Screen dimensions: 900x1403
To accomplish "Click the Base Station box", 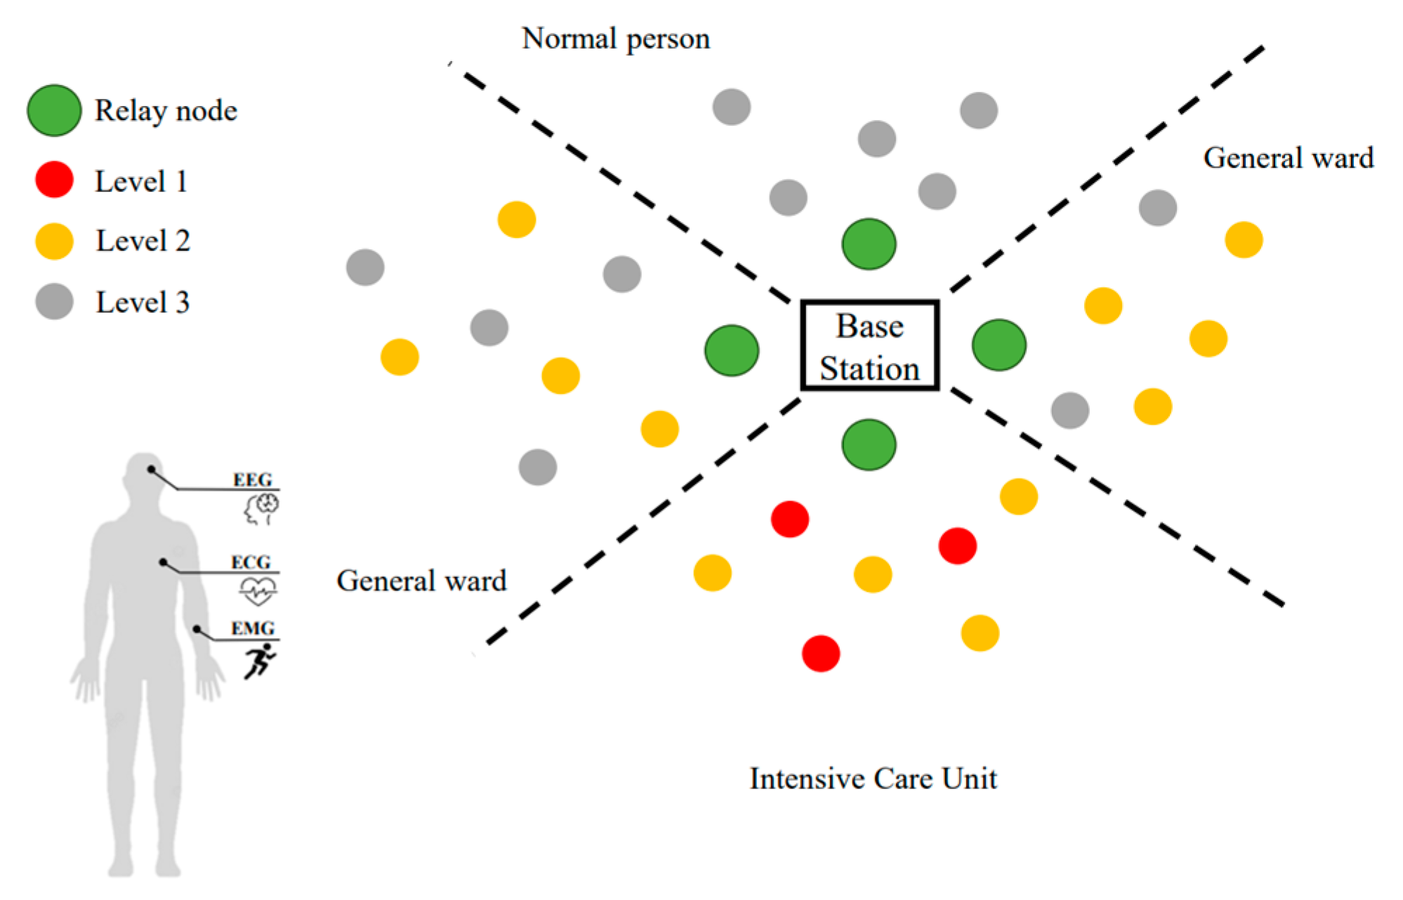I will [869, 345].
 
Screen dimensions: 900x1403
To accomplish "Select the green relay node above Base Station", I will [869, 244].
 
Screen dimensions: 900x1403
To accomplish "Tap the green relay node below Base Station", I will [869, 444].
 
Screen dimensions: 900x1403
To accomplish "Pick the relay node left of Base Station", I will [731, 350].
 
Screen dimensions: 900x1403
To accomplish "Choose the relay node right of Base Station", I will [999, 345].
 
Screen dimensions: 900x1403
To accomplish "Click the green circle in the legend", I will [54, 110].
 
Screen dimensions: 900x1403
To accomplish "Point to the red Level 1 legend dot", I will [54, 180].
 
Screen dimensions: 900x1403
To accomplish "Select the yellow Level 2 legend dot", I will [54, 241].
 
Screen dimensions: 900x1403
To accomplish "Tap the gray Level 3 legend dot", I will [54, 302].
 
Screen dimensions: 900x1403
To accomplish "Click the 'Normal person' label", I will [616, 39].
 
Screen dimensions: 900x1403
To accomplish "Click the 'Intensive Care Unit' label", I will [873, 779].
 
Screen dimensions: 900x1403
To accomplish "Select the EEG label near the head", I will [252, 479].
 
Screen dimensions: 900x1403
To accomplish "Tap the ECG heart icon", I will [258, 590].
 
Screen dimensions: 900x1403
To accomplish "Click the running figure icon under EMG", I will [259, 661].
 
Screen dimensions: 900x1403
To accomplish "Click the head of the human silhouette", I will [144, 474].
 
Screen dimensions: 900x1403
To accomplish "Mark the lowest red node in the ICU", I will [820, 654].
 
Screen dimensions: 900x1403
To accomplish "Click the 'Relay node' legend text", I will [166, 111].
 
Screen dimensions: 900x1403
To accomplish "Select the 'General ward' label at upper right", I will [1288, 158].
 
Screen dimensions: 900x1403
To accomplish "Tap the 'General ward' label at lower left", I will [421, 581].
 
